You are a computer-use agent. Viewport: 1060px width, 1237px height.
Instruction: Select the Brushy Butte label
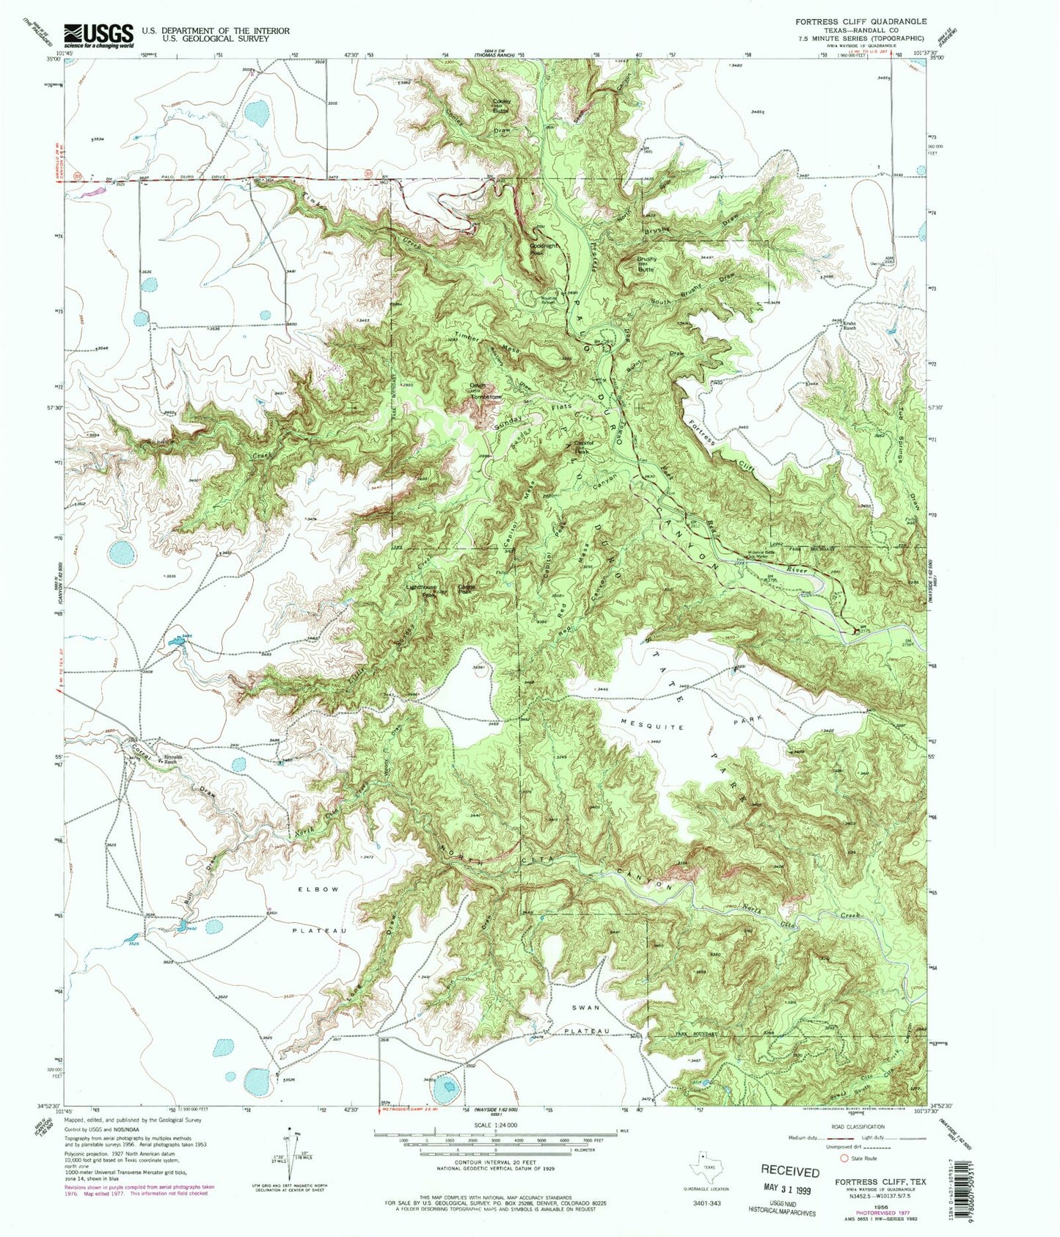(646, 263)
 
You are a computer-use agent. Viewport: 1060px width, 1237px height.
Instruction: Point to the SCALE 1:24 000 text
(497, 1125)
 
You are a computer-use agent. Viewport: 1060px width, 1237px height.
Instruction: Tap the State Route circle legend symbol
(844, 1158)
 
